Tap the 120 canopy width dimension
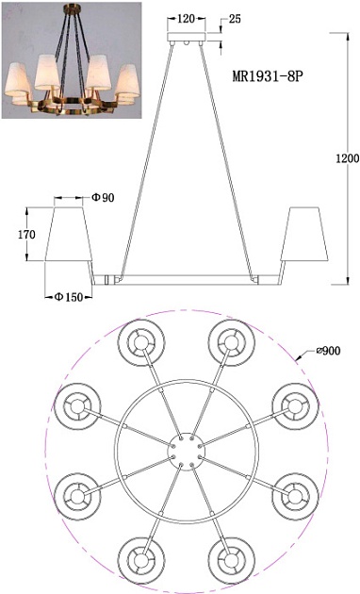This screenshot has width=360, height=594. (187, 17)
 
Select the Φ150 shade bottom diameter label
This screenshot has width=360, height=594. (67, 297)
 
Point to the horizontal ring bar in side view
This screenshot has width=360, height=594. (186, 279)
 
